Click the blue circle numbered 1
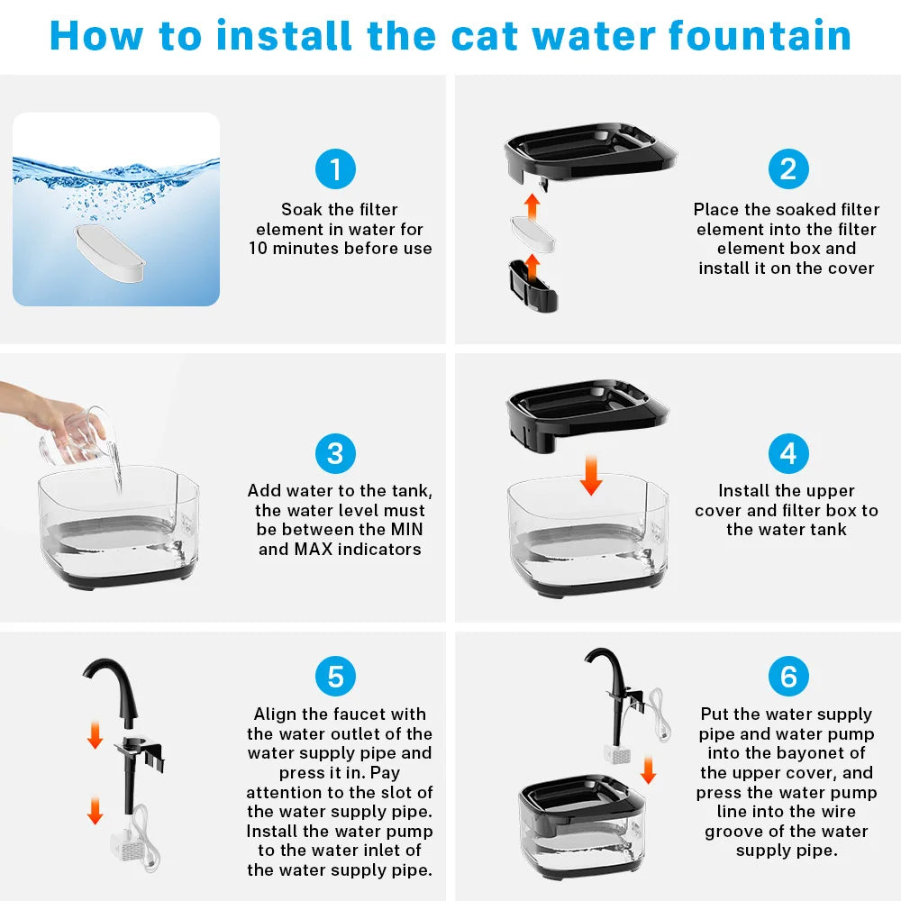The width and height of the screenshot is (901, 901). [x=335, y=169]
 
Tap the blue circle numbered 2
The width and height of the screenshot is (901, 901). [x=788, y=169]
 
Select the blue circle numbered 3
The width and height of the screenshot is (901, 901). [x=335, y=453]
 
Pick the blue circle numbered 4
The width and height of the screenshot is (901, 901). [x=788, y=453]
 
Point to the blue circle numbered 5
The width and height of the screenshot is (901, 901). [x=335, y=677]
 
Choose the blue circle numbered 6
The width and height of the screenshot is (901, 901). [x=788, y=677]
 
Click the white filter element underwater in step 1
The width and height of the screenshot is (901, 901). [x=110, y=253]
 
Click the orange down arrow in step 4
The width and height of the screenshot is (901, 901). [x=591, y=475]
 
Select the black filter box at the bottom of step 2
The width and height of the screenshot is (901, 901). [x=533, y=286]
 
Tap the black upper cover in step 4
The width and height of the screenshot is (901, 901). [x=587, y=414]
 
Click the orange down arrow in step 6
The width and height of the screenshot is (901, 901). [x=648, y=770]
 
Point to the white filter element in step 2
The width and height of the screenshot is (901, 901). [x=533, y=234]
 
